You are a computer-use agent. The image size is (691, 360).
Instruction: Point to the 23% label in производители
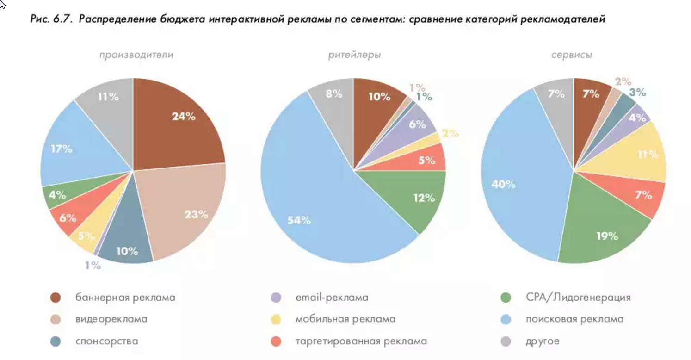pyautogui.click(x=196, y=214)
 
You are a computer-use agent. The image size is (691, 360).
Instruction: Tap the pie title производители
pyautogui.click(x=136, y=55)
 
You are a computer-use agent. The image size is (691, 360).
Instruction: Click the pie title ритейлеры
pyautogui.click(x=354, y=55)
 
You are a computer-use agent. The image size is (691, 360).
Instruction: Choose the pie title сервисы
pyautogui.click(x=572, y=55)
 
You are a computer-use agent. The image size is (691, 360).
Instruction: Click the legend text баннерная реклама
pyautogui.click(x=125, y=298)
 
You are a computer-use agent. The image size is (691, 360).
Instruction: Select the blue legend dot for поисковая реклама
pyautogui.click(x=506, y=319)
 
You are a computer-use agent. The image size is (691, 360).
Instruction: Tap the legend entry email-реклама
pyautogui.click(x=332, y=298)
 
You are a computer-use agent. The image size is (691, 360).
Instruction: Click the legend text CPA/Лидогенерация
pyautogui.click(x=578, y=298)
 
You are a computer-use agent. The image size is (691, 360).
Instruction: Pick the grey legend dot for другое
pyautogui.click(x=506, y=341)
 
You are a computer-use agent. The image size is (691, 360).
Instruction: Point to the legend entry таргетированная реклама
pyautogui.click(x=361, y=341)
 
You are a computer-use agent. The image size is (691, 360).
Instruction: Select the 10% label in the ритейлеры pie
pyautogui.click(x=379, y=97)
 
